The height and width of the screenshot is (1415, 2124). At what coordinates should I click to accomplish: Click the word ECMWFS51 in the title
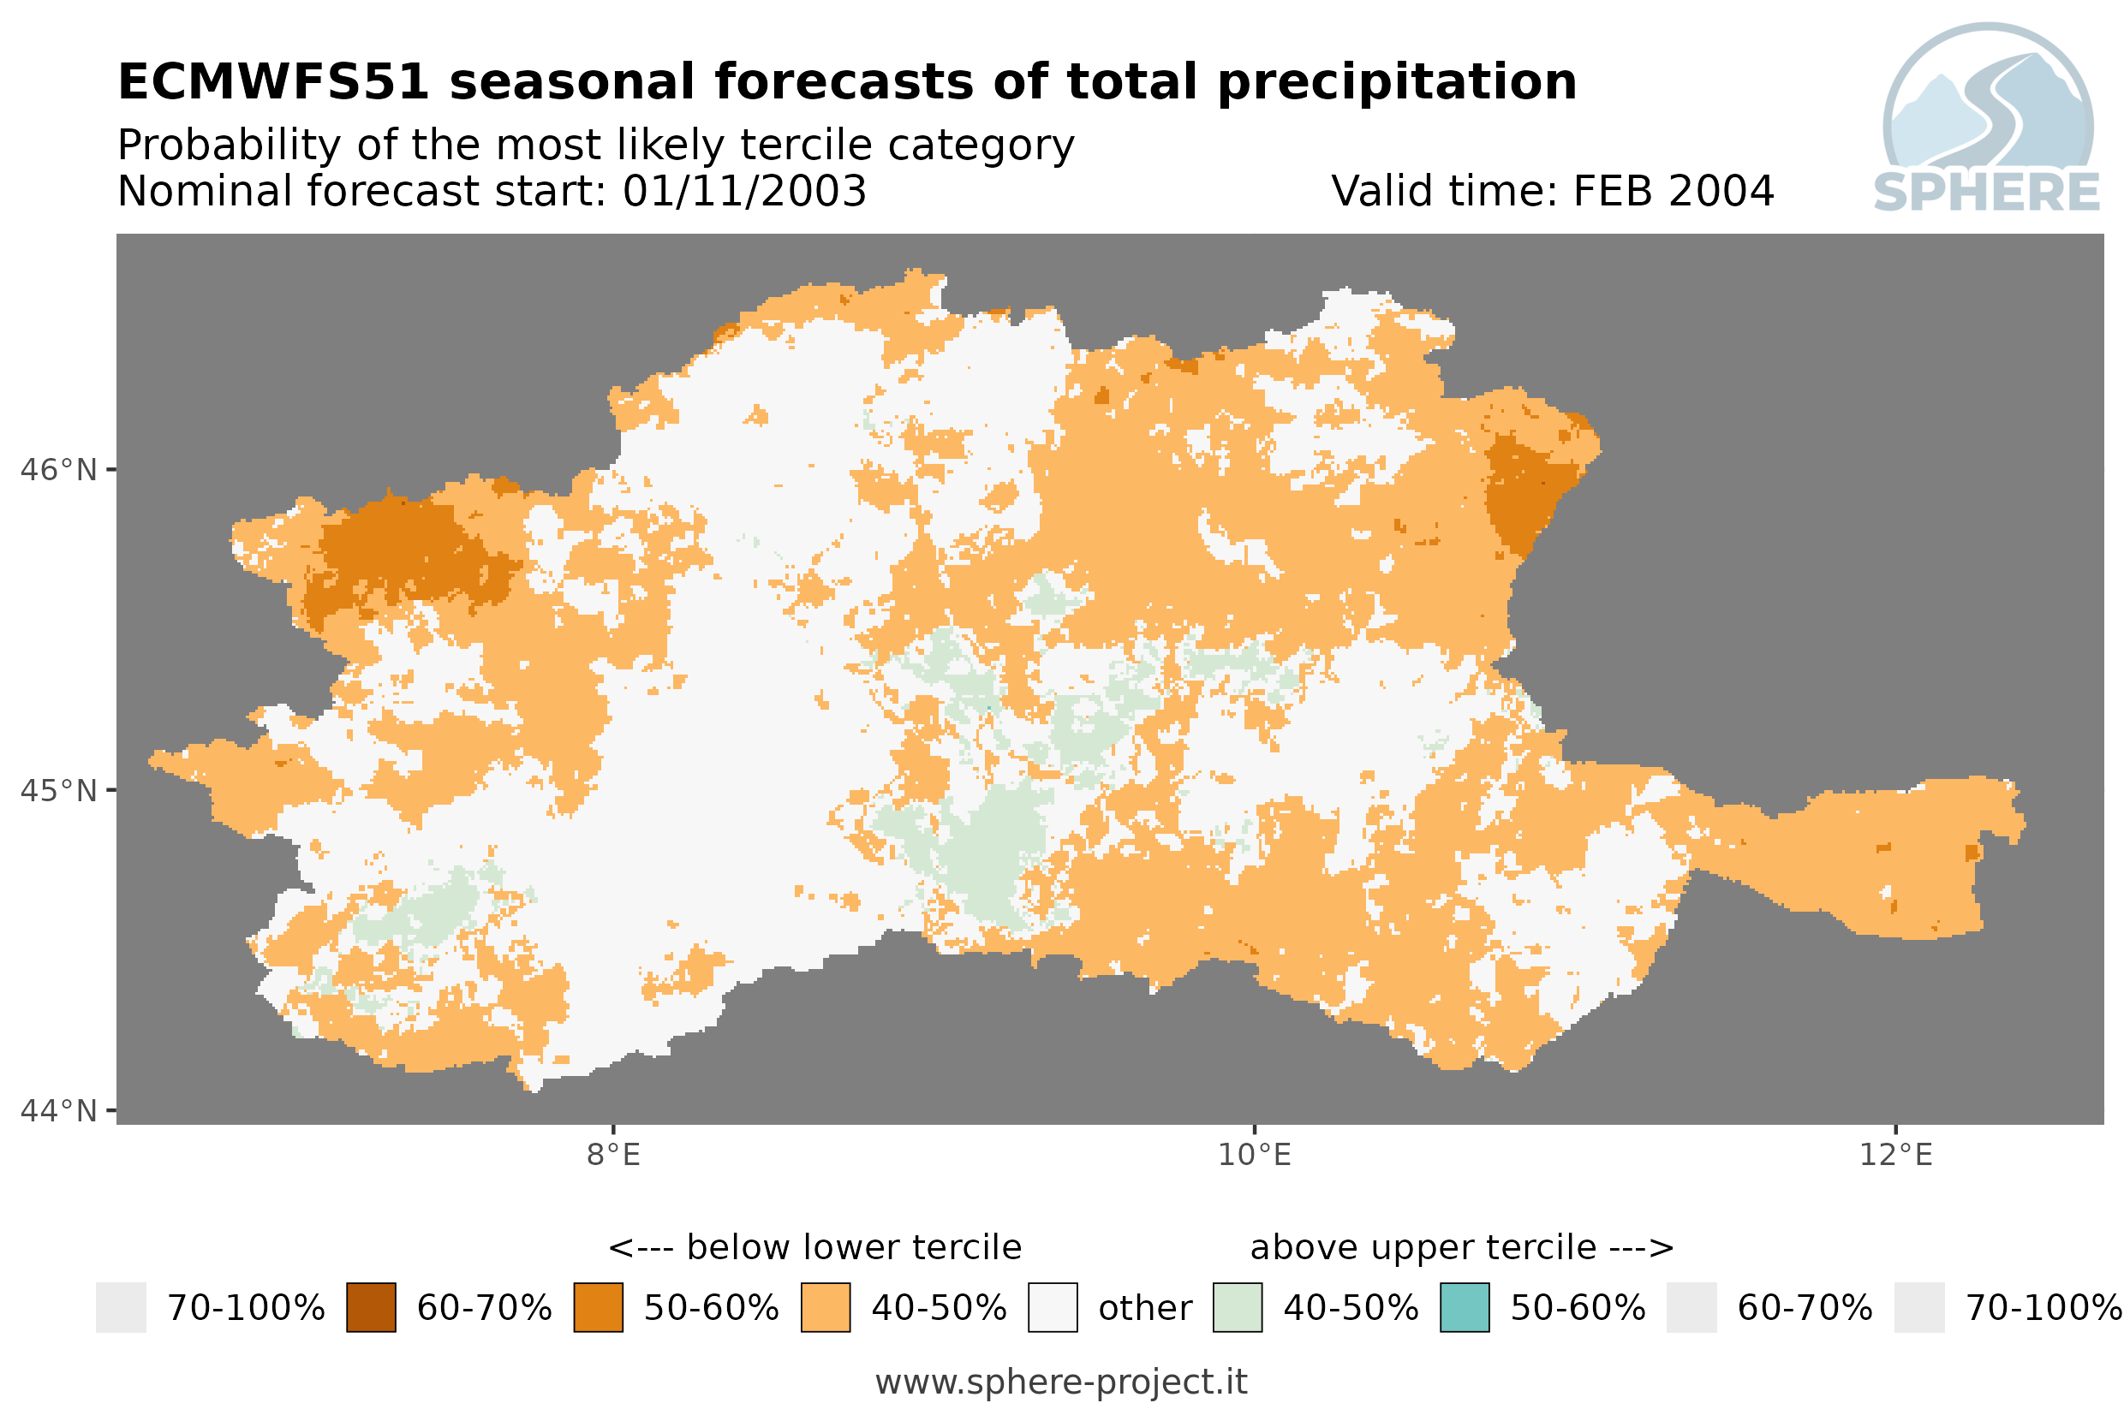(x=272, y=82)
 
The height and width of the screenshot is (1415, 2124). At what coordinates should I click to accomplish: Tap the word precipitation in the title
(x=1396, y=83)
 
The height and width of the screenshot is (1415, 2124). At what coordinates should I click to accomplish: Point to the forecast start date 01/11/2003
(x=743, y=191)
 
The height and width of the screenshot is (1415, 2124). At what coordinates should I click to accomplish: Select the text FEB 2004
(x=1673, y=191)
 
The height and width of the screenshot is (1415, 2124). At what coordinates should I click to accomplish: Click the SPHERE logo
(x=1987, y=118)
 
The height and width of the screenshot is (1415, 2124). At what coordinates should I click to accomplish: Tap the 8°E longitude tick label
(x=614, y=1154)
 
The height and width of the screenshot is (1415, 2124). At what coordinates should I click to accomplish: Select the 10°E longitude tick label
(x=1254, y=1154)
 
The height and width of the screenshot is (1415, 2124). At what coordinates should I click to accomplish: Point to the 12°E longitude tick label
(x=1895, y=1154)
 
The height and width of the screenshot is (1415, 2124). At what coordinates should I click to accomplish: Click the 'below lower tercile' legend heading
(x=815, y=1247)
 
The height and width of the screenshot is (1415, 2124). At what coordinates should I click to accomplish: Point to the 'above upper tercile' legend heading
(x=1461, y=1247)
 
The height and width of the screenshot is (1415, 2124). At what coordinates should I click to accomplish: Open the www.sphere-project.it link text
(x=1061, y=1382)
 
